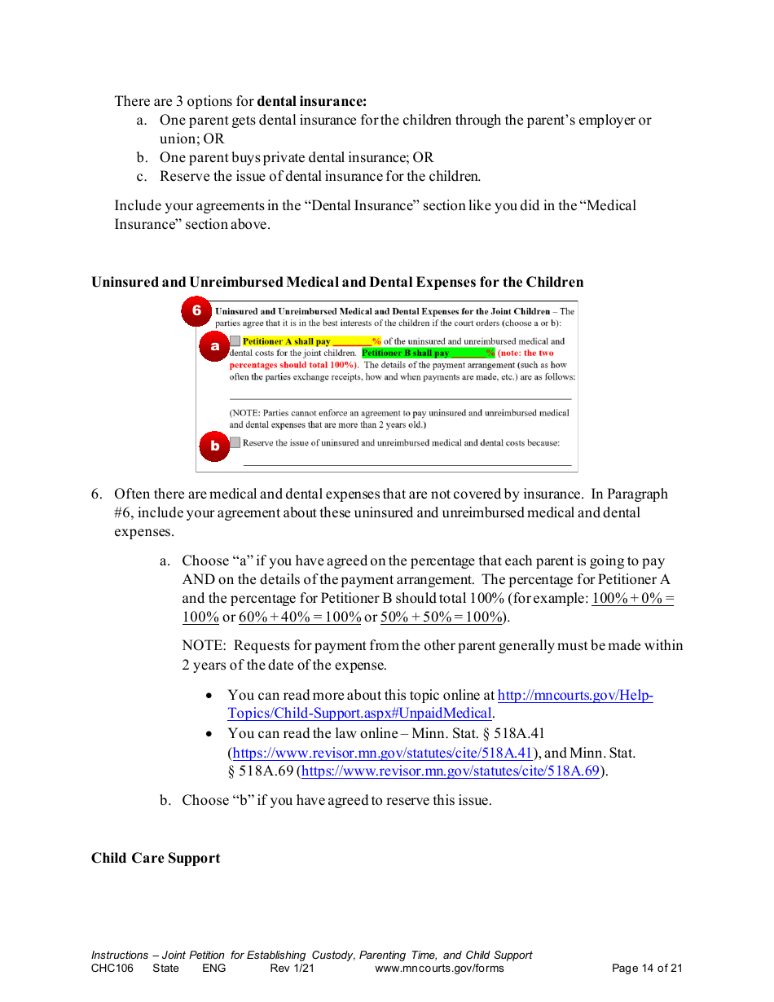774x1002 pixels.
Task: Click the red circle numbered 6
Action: (x=196, y=311)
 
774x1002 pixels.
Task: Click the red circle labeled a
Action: (x=215, y=346)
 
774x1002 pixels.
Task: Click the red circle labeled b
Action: (x=215, y=446)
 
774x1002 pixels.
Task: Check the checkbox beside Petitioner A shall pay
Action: (x=235, y=341)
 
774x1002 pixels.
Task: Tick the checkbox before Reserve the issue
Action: (x=235, y=442)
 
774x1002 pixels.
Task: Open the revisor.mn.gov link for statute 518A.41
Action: (x=383, y=753)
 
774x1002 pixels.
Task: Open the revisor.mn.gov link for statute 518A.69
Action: (x=451, y=771)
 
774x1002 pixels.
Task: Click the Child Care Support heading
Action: (x=156, y=859)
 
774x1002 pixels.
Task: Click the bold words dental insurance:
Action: (x=312, y=102)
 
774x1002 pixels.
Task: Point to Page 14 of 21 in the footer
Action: (x=647, y=969)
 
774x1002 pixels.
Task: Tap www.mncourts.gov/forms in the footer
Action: (x=439, y=969)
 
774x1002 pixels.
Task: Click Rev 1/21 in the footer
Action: (x=292, y=969)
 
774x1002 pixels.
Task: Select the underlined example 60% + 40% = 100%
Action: (x=300, y=617)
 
